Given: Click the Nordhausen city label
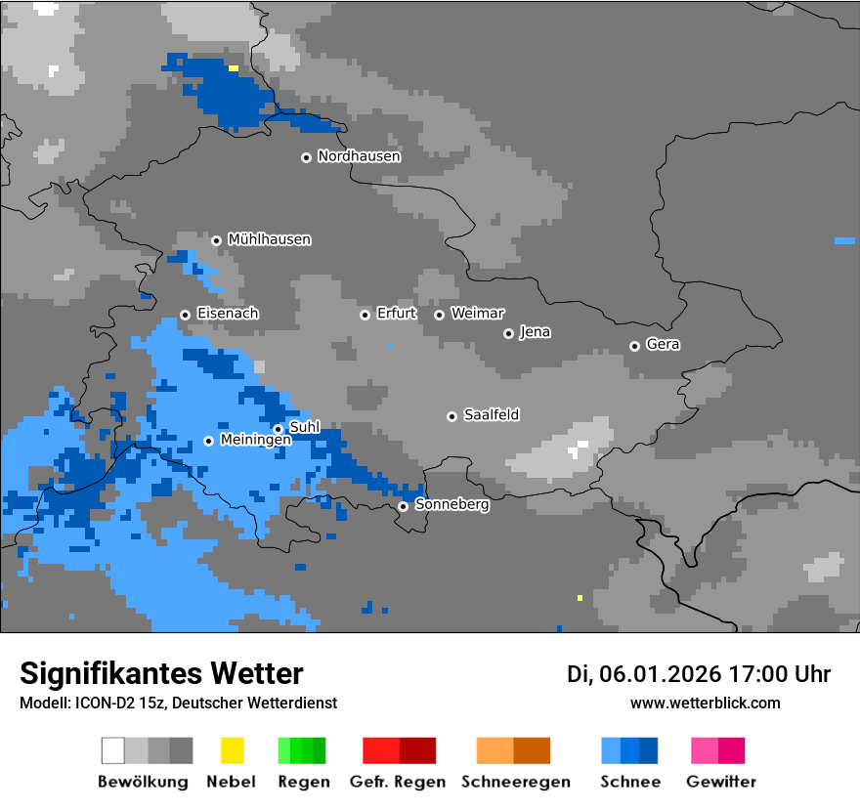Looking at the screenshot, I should click(x=359, y=156).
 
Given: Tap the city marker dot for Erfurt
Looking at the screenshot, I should click(x=365, y=315).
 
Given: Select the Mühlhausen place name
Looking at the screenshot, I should click(x=269, y=239).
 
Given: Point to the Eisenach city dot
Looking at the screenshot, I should click(x=185, y=315).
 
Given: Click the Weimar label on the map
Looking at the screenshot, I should click(x=478, y=314).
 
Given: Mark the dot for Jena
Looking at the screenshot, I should click(x=508, y=333).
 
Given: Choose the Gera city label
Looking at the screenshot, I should click(x=663, y=345).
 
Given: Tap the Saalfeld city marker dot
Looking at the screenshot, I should click(x=451, y=416).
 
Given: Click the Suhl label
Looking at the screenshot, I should click(x=304, y=427).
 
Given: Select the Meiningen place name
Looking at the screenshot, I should click(x=255, y=441).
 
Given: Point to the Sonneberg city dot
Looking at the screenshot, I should click(x=403, y=506).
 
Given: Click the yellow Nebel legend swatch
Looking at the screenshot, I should click(x=232, y=750).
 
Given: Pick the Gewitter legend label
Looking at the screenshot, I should click(x=721, y=782).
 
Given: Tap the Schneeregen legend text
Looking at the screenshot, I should click(x=515, y=782).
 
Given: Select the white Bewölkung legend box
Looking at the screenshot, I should click(x=113, y=750).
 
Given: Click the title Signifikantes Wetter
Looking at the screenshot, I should click(x=161, y=673).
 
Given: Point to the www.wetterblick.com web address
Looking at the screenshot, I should click(x=705, y=703).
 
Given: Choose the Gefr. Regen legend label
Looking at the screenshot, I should click(x=398, y=782).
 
